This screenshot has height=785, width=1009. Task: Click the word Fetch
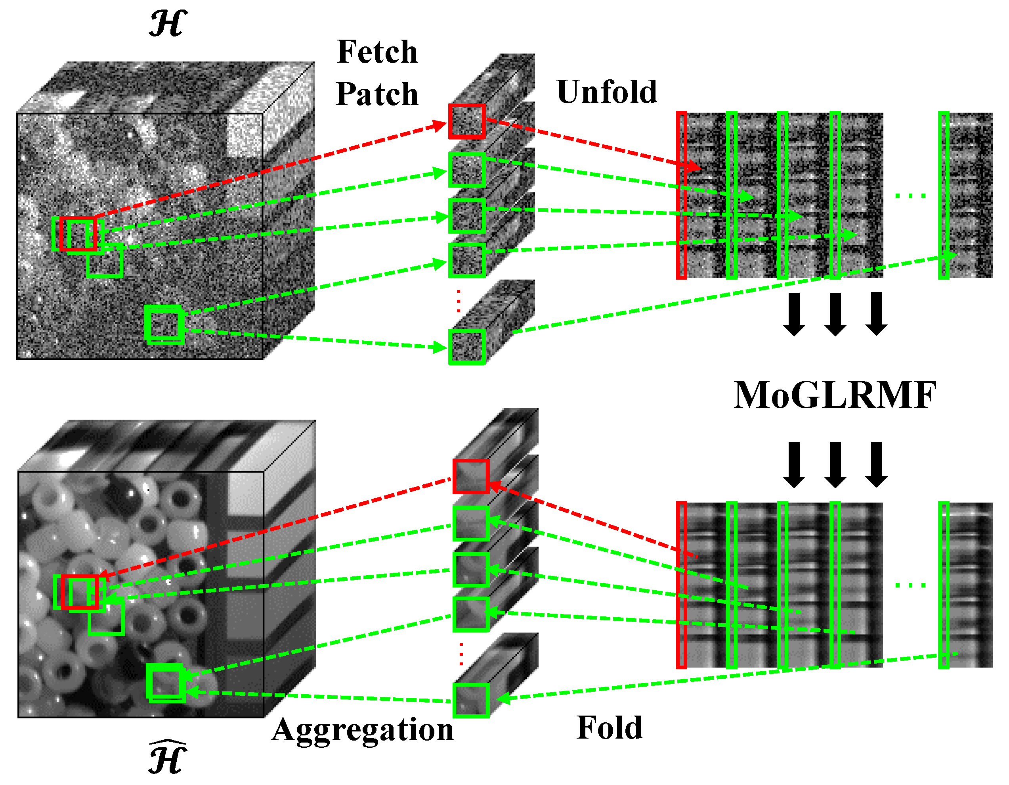[377, 52]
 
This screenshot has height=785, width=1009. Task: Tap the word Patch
[377, 94]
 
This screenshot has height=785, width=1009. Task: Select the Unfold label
[607, 92]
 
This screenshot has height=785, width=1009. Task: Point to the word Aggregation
[363, 730]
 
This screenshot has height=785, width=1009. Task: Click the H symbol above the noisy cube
[168, 24]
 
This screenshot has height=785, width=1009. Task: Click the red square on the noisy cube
[78, 234]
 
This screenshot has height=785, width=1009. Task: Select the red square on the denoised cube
[80, 592]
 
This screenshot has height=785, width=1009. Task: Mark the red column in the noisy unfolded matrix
[681, 196]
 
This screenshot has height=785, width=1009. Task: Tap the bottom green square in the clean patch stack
[471, 701]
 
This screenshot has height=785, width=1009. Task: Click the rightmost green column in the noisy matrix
[943, 196]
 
